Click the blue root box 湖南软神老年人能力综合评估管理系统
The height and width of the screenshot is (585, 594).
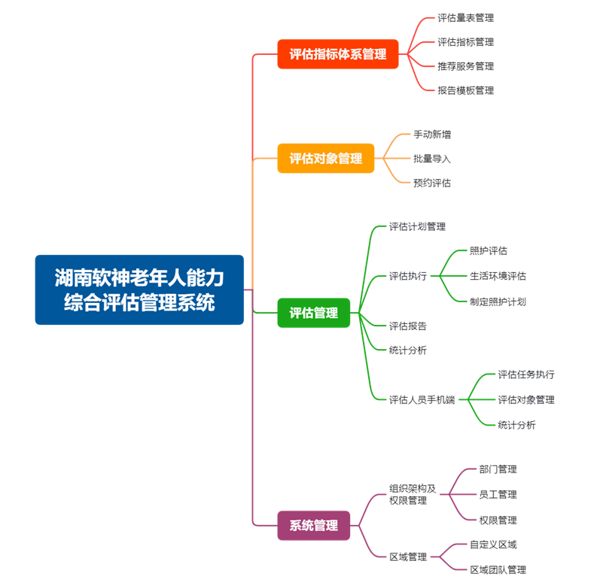pyautogui.click(x=139, y=289)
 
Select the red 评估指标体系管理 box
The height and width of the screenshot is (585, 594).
pyautogui.click(x=338, y=54)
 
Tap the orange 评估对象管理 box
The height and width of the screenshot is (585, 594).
pyautogui.click(x=326, y=159)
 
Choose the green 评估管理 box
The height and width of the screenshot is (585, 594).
pyautogui.click(x=314, y=313)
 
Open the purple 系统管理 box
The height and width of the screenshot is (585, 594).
pyautogui.click(x=314, y=526)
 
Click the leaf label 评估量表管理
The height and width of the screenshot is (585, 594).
pyautogui.click(x=466, y=17)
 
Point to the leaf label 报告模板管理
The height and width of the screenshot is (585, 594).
pyautogui.click(x=466, y=90)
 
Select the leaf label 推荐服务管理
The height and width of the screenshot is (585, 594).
pyautogui.click(x=466, y=66)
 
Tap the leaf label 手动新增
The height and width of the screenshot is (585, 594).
pyautogui.click(x=432, y=135)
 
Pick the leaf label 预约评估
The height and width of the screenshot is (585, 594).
pyautogui.click(x=432, y=183)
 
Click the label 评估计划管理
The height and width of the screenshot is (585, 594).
pyautogui.click(x=417, y=226)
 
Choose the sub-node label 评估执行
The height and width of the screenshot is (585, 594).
pyautogui.click(x=407, y=276)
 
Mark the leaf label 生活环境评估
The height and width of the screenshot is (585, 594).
pyautogui.click(x=498, y=276)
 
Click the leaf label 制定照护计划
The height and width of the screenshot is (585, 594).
pyautogui.click(x=498, y=302)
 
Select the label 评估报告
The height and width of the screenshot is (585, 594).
pyautogui.click(x=407, y=326)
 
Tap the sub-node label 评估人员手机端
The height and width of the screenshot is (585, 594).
pyautogui.click(x=422, y=399)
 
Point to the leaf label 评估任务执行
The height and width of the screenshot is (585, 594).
pyautogui.click(x=526, y=374)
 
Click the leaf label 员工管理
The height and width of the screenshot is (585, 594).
pyautogui.click(x=498, y=495)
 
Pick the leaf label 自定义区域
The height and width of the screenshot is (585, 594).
pyautogui.click(x=493, y=544)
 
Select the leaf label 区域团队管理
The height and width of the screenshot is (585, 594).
pyautogui.click(x=498, y=570)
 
